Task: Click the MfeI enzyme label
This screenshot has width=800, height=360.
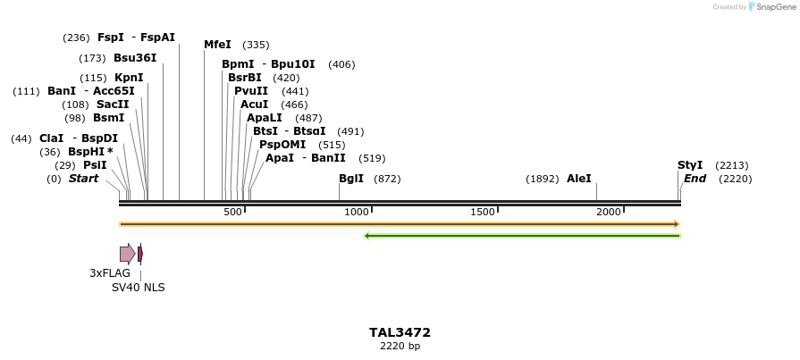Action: (217, 45)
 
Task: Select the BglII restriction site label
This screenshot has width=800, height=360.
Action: (351, 179)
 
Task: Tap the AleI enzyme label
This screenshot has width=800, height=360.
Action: (579, 179)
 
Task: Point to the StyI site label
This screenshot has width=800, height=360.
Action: (690, 165)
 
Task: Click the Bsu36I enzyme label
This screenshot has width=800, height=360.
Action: (135, 58)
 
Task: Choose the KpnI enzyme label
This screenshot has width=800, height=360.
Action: (129, 78)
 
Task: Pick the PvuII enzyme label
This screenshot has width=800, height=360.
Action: (251, 91)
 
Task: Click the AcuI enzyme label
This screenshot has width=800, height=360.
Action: (254, 105)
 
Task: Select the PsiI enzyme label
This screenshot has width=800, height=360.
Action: (95, 165)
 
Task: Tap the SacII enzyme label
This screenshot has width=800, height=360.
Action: (113, 105)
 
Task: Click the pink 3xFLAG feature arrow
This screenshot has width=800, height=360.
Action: (127, 254)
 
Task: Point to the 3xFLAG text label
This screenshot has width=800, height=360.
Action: (110, 273)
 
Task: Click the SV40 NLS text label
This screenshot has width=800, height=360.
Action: (138, 288)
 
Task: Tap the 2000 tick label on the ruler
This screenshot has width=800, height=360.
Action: (609, 212)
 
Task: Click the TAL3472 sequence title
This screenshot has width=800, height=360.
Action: (400, 332)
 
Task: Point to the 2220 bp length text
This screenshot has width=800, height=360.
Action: (400, 347)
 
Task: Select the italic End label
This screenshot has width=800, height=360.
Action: (695, 179)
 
